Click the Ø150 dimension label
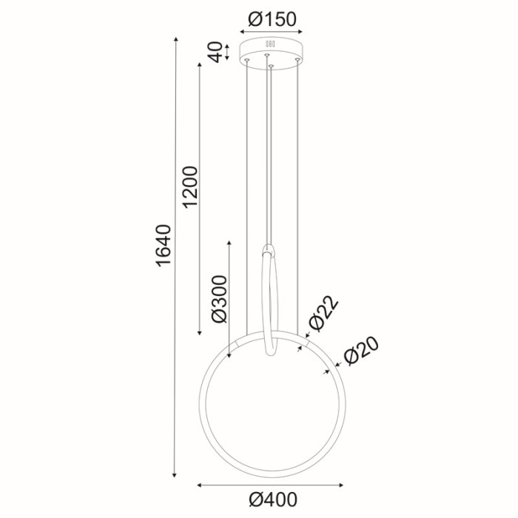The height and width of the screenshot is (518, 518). point(272,20)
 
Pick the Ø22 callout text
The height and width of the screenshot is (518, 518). point(323,314)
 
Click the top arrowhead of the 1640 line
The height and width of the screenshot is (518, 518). point(175,38)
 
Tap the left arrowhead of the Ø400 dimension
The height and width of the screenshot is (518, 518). point(201,485)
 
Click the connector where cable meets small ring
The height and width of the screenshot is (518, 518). point(269,249)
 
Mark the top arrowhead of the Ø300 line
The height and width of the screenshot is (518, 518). point(231,243)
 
